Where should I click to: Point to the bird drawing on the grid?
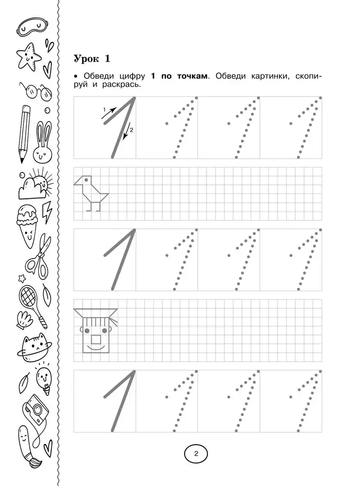[91, 192]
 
